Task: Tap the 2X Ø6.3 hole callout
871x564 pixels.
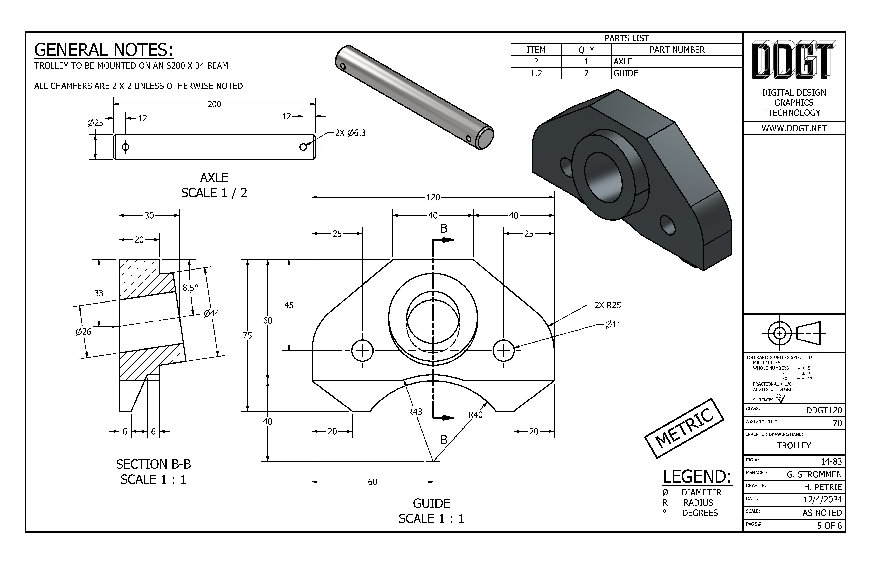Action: tap(350, 133)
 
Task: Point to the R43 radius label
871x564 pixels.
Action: tap(415, 412)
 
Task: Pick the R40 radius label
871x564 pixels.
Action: tap(475, 415)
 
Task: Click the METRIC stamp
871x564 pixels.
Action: tap(684, 428)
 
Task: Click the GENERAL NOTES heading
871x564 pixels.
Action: tap(103, 50)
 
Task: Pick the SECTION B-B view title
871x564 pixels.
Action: tap(154, 464)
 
